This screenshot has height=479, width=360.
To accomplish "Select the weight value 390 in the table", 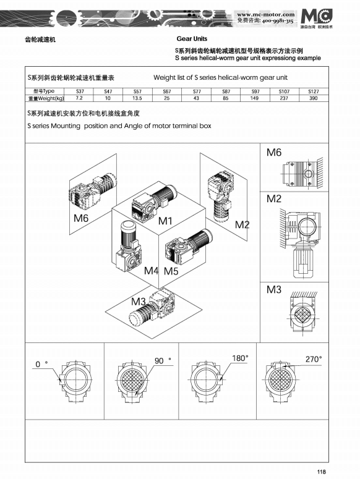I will click(x=313, y=98).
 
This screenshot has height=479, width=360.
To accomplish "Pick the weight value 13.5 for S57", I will click(x=137, y=98).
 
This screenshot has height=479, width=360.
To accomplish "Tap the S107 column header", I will click(x=284, y=91).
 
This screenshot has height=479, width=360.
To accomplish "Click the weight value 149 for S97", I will click(x=255, y=98).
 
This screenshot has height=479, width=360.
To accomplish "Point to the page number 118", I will click(x=321, y=472).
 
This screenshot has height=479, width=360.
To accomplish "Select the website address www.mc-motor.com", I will click(x=265, y=14).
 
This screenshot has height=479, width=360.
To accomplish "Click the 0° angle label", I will click(x=41, y=365).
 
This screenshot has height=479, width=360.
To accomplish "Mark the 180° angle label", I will click(x=239, y=358).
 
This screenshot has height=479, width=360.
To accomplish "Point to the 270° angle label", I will click(x=314, y=358).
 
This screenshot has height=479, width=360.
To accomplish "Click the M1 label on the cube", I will click(x=165, y=221).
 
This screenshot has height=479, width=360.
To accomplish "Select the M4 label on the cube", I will click(x=152, y=271).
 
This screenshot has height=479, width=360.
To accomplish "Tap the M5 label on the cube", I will click(x=171, y=271).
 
